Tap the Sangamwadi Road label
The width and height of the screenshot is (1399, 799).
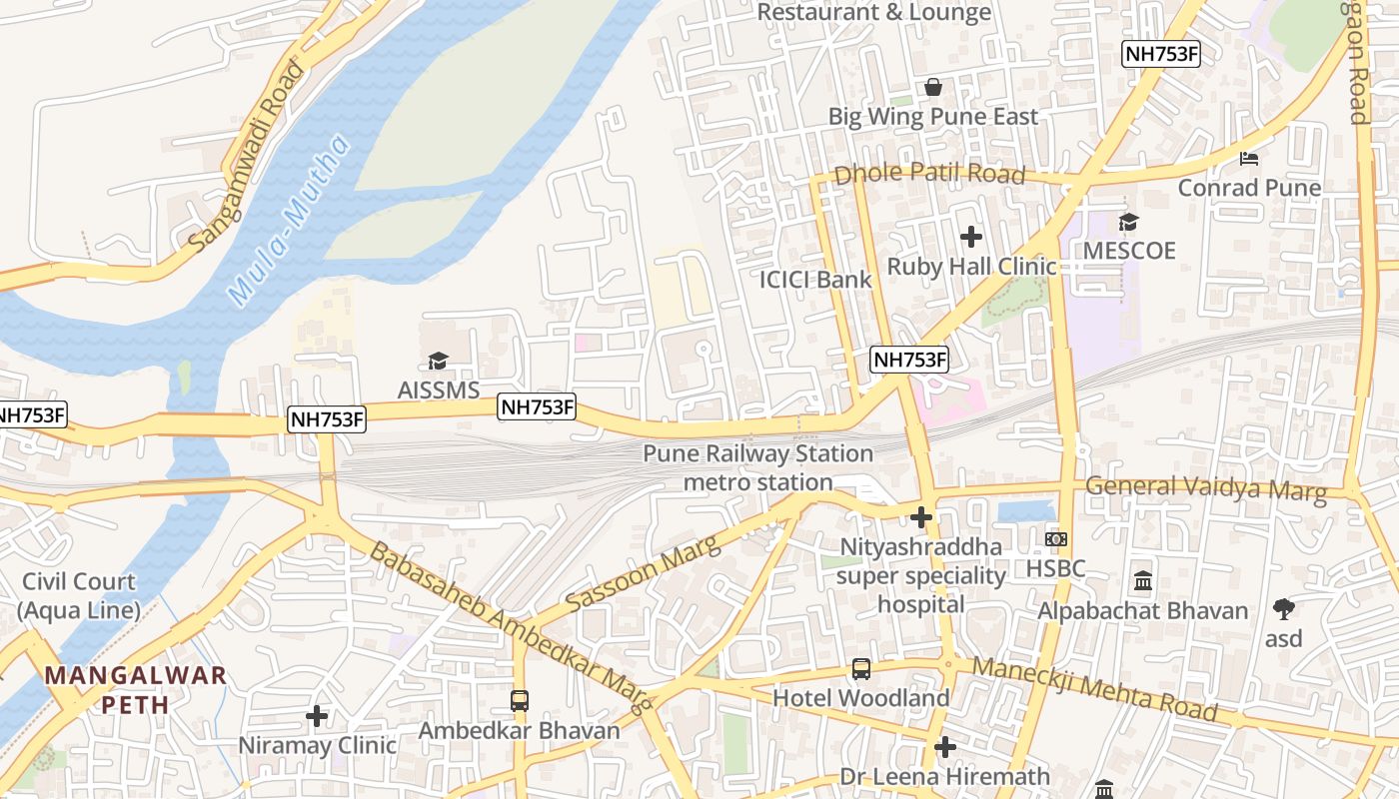pos(247,155)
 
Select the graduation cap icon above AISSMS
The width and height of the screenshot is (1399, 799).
pos(438,361)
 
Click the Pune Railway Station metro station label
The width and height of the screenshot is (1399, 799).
pos(757,467)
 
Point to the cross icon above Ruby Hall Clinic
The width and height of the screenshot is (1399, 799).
pos(970,237)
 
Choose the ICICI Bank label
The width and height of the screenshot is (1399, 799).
pos(815,280)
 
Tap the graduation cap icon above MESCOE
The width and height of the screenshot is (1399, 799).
pos(1128,222)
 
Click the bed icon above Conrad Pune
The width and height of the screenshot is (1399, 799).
pos(1249,158)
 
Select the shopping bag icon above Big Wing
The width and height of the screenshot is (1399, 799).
pos(933,87)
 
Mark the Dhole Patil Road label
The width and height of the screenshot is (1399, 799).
pos(929,174)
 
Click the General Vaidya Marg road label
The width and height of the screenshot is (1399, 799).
pos(1206,488)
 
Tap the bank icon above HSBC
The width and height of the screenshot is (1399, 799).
pos(1056,539)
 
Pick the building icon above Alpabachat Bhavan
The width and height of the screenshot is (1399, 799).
pos(1143,580)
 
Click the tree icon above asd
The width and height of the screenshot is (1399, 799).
pos(1284,607)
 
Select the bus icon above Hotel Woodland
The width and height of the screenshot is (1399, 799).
pos(860,668)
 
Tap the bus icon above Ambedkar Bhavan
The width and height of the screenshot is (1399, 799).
pos(520,700)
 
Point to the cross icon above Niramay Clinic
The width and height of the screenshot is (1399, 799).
pos(317,715)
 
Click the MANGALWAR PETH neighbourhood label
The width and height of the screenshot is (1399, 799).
pos(136,689)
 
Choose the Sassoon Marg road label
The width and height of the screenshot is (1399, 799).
pos(643,573)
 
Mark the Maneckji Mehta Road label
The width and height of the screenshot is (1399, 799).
pos(1094,689)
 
